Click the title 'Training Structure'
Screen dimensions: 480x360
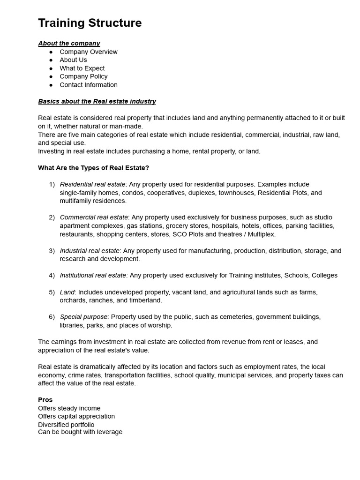(x=90, y=23)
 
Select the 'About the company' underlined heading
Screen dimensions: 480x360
(x=69, y=43)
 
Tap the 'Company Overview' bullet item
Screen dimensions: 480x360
(x=89, y=52)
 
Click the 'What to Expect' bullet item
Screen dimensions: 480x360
(x=82, y=68)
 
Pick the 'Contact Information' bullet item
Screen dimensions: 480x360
(x=89, y=85)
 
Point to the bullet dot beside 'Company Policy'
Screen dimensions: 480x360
(x=51, y=76)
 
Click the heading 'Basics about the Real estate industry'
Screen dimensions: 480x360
(x=97, y=101)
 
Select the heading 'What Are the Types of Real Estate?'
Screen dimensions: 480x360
(x=93, y=168)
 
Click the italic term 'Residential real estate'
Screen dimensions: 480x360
(x=93, y=184)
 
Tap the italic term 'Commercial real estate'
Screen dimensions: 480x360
(x=94, y=217)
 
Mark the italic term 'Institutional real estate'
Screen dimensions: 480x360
(x=94, y=276)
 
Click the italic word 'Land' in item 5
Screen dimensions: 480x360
(x=67, y=292)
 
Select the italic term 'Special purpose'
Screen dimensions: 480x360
(x=83, y=317)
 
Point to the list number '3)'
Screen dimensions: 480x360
(x=52, y=251)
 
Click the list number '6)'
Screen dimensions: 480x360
(x=52, y=317)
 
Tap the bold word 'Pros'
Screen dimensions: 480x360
(x=45, y=400)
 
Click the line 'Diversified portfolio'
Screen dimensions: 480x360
(x=66, y=425)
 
